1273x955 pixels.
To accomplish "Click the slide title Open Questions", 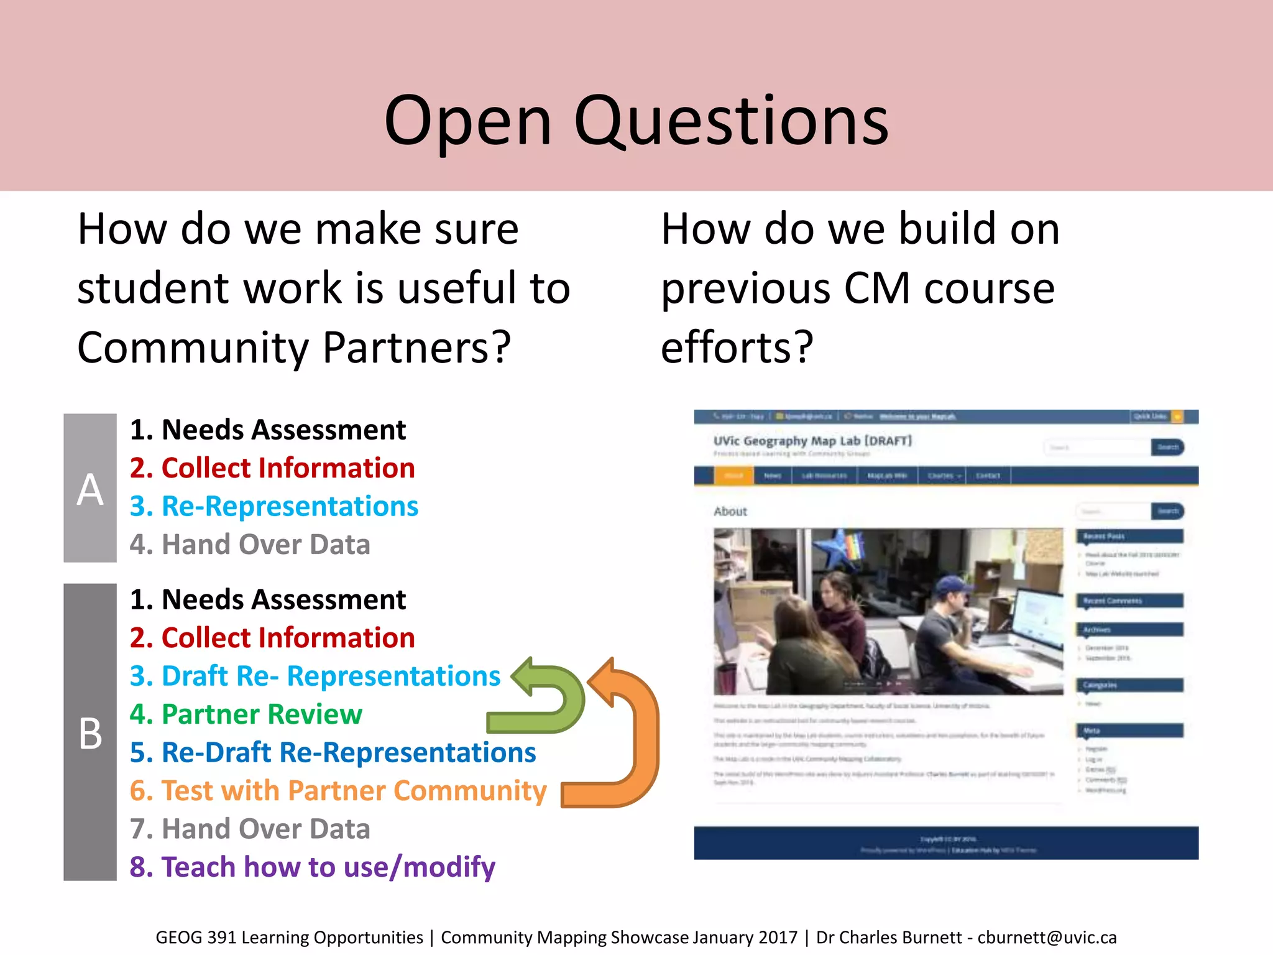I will [636, 121].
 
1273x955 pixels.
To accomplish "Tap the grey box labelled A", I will [90, 489].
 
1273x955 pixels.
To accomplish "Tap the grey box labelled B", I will [90, 732].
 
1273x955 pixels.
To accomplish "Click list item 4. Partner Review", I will [246, 714].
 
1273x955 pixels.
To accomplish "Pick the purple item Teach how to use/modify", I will [313, 867].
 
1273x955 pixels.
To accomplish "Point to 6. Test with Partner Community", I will [338, 791].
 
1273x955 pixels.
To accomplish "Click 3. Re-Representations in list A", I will [274, 506].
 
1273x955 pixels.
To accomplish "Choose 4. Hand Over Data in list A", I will [250, 545].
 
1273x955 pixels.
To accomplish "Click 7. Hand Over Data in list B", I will [250, 829].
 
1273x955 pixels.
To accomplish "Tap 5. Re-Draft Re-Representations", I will [333, 752].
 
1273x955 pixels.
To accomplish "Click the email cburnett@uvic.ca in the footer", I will [1047, 938].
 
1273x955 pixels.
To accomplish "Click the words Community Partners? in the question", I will [294, 347].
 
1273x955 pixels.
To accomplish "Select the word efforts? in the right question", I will [737, 347].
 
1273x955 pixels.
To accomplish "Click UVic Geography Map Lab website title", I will [812, 441].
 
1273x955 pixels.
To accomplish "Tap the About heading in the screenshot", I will [730, 511].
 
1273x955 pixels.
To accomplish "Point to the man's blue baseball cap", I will [951, 585].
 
